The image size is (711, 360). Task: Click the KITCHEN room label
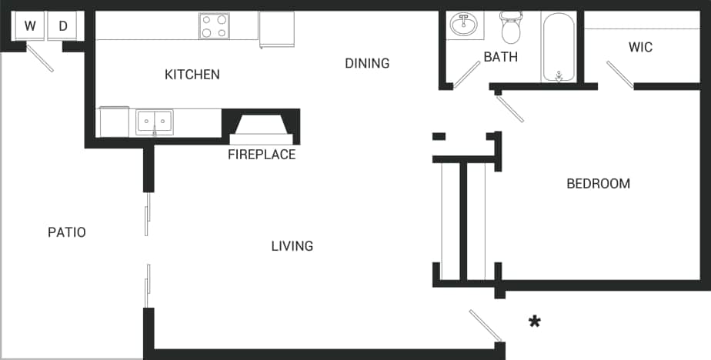(192, 75)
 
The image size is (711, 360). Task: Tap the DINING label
(367, 63)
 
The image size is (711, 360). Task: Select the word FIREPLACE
(262, 155)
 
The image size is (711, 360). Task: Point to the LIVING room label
(292, 246)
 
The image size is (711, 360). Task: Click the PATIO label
(67, 232)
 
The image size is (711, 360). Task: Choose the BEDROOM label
(598, 184)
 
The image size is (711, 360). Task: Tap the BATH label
(500, 57)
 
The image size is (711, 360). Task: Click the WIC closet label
(640, 48)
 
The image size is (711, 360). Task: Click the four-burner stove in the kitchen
(215, 26)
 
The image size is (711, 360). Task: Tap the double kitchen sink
(155, 122)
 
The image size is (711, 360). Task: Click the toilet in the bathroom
(510, 28)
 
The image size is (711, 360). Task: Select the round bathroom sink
(465, 25)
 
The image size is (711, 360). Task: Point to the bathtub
(558, 46)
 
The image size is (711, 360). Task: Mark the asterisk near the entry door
(534, 322)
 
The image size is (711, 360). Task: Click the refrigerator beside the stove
(276, 28)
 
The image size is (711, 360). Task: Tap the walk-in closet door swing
(620, 75)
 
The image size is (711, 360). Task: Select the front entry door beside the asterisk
(486, 325)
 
